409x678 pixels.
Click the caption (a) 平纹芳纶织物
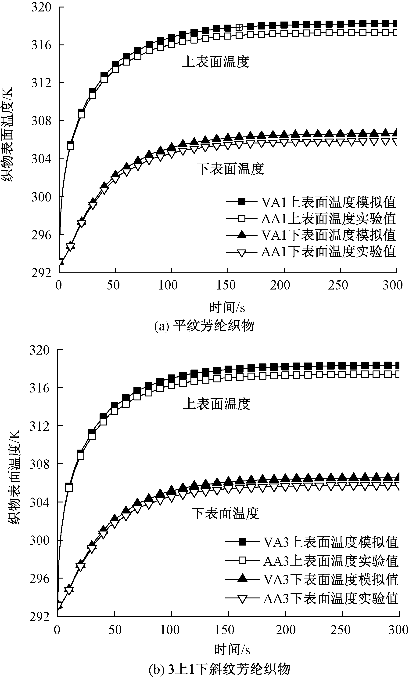click(x=204, y=326)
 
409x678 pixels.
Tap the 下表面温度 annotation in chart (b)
click(x=225, y=513)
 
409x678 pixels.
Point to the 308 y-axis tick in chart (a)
click(x=41, y=121)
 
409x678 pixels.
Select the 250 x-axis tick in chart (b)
click(x=341, y=630)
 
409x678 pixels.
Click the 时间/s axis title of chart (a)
click(x=227, y=307)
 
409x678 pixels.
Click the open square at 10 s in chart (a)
click(x=70, y=146)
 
